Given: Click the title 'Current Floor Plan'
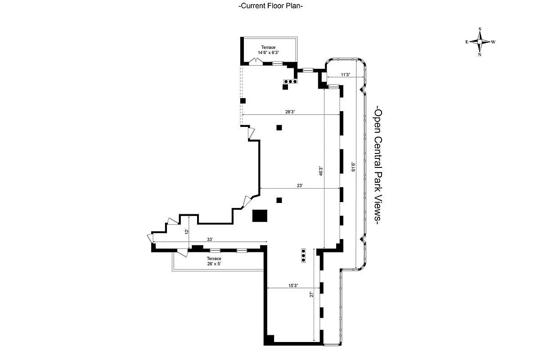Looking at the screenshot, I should pyautogui.click(x=270, y=6).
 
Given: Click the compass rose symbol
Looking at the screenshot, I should pyautogui.click(x=480, y=41).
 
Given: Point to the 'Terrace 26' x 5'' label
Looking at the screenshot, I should pyautogui.click(x=214, y=261).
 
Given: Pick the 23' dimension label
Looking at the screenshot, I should pyautogui.click(x=300, y=185).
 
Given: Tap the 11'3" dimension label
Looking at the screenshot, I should pyautogui.click(x=346, y=75).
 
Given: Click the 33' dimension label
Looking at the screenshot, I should pyautogui.click(x=210, y=239).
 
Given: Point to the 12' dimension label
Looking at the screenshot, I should pyautogui.click(x=186, y=231).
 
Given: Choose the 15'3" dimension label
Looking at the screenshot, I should pyautogui.click(x=292, y=285).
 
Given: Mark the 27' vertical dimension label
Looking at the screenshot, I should pyautogui.click(x=311, y=295).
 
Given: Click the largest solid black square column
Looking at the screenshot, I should pyautogui.click(x=260, y=216).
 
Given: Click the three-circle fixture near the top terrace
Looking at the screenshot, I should pyautogui.click(x=290, y=81).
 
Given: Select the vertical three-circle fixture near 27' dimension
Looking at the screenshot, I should pyautogui.click(x=303, y=255).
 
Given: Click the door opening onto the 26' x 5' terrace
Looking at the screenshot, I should pyautogui.click(x=183, y=252).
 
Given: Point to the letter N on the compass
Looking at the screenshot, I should pyautogui.click(x=480, y=54).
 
